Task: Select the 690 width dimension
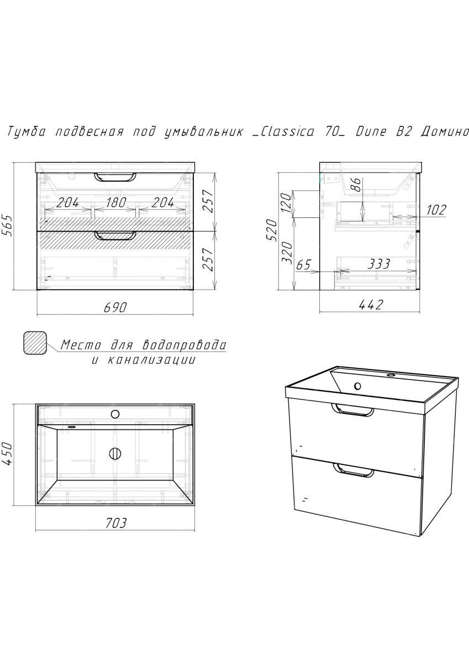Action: point(115,308)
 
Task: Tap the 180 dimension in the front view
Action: point(115,202)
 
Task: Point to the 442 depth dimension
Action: point(371,305)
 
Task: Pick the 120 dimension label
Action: point(286,204)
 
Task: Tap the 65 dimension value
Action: point(304,264)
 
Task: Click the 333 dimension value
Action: point(379,264)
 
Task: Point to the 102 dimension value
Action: point(436,210)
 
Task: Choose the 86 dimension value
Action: point(357,185)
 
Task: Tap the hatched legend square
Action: point(35,343)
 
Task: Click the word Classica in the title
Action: point(283,131)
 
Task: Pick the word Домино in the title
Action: point(445,131)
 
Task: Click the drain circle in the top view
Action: point(115,453)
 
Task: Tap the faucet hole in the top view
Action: point(115,414)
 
